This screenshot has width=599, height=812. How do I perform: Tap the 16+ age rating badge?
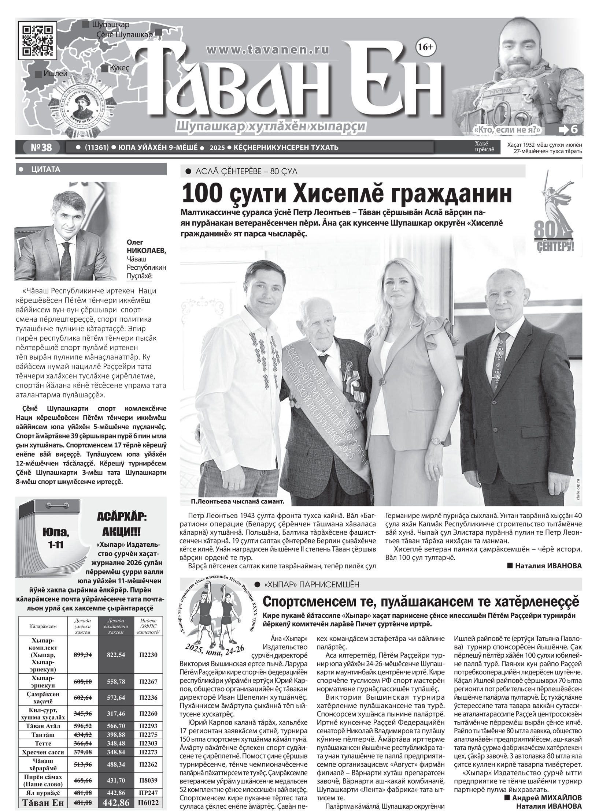pos(425,46)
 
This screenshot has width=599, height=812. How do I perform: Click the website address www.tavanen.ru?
pos(269,49)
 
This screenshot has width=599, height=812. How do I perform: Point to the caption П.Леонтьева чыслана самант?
pos(237,501)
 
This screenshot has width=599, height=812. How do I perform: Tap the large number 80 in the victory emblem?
pos(545,229)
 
